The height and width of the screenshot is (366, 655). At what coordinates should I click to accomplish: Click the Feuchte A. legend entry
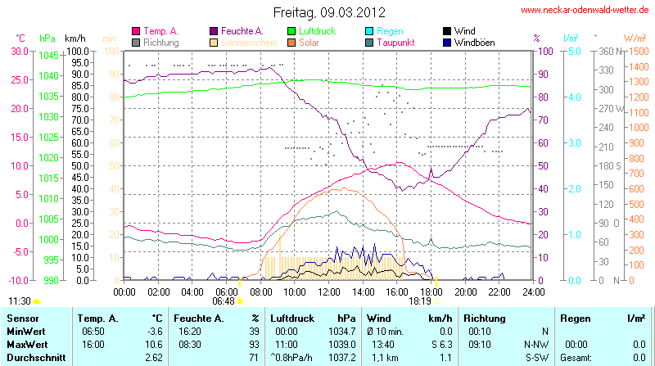click(242, 31)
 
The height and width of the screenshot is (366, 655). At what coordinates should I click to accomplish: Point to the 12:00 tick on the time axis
click(329, 291)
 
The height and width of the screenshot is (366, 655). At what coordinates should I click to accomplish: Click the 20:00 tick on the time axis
click(465, 291)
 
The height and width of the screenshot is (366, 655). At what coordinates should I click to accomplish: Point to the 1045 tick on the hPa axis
click(48, 56)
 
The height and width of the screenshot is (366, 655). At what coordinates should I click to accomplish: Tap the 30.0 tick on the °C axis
click(18, 51)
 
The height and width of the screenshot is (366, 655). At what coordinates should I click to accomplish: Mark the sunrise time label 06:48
click(224, 301)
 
